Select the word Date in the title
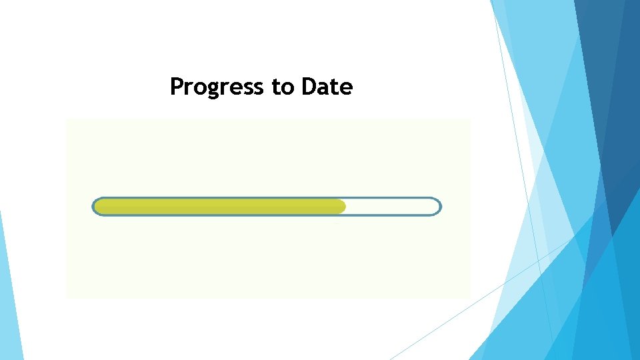point(327,87)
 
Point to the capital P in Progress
point(177,87)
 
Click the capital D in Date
point(309,87)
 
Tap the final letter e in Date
point(346,88)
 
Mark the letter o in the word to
point(289,88)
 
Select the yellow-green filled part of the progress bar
point(220,207)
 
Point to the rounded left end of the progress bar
point(95,207)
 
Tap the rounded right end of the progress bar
point(438,207)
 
